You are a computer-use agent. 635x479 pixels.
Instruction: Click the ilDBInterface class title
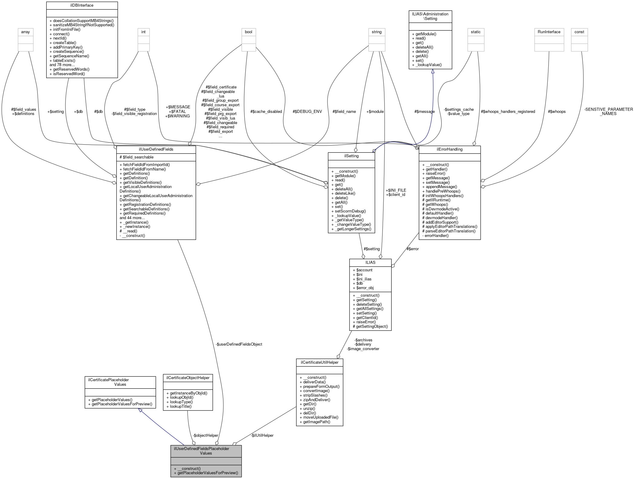(x=82, y=5)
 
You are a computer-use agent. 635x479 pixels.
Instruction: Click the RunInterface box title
(x=549, y=32)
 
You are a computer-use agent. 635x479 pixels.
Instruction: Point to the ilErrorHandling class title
(x=449, y=149)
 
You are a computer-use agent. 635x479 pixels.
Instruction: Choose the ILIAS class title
(x=370, y=263)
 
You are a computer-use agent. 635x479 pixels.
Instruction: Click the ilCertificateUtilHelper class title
(x=319, y=362)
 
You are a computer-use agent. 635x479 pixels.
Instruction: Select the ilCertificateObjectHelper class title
(x=188, y=378)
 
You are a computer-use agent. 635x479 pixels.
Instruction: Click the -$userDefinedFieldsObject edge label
(x=239, y=344)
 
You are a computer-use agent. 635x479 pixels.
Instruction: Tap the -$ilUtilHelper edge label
(x=262, y=436)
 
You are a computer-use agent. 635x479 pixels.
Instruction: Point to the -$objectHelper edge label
(x=205, y=436)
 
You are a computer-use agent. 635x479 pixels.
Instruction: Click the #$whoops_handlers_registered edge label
(x=508, y=112)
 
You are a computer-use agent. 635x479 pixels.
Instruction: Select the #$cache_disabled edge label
(x=266, y=112)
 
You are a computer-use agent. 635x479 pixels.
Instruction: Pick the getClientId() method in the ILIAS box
(x=367, y=318)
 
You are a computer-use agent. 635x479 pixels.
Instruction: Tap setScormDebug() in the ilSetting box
(x=350, y=211)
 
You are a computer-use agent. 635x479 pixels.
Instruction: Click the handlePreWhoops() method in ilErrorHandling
(x=443, y=191)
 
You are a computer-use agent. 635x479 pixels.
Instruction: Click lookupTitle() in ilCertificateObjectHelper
(x=181, y=406)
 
